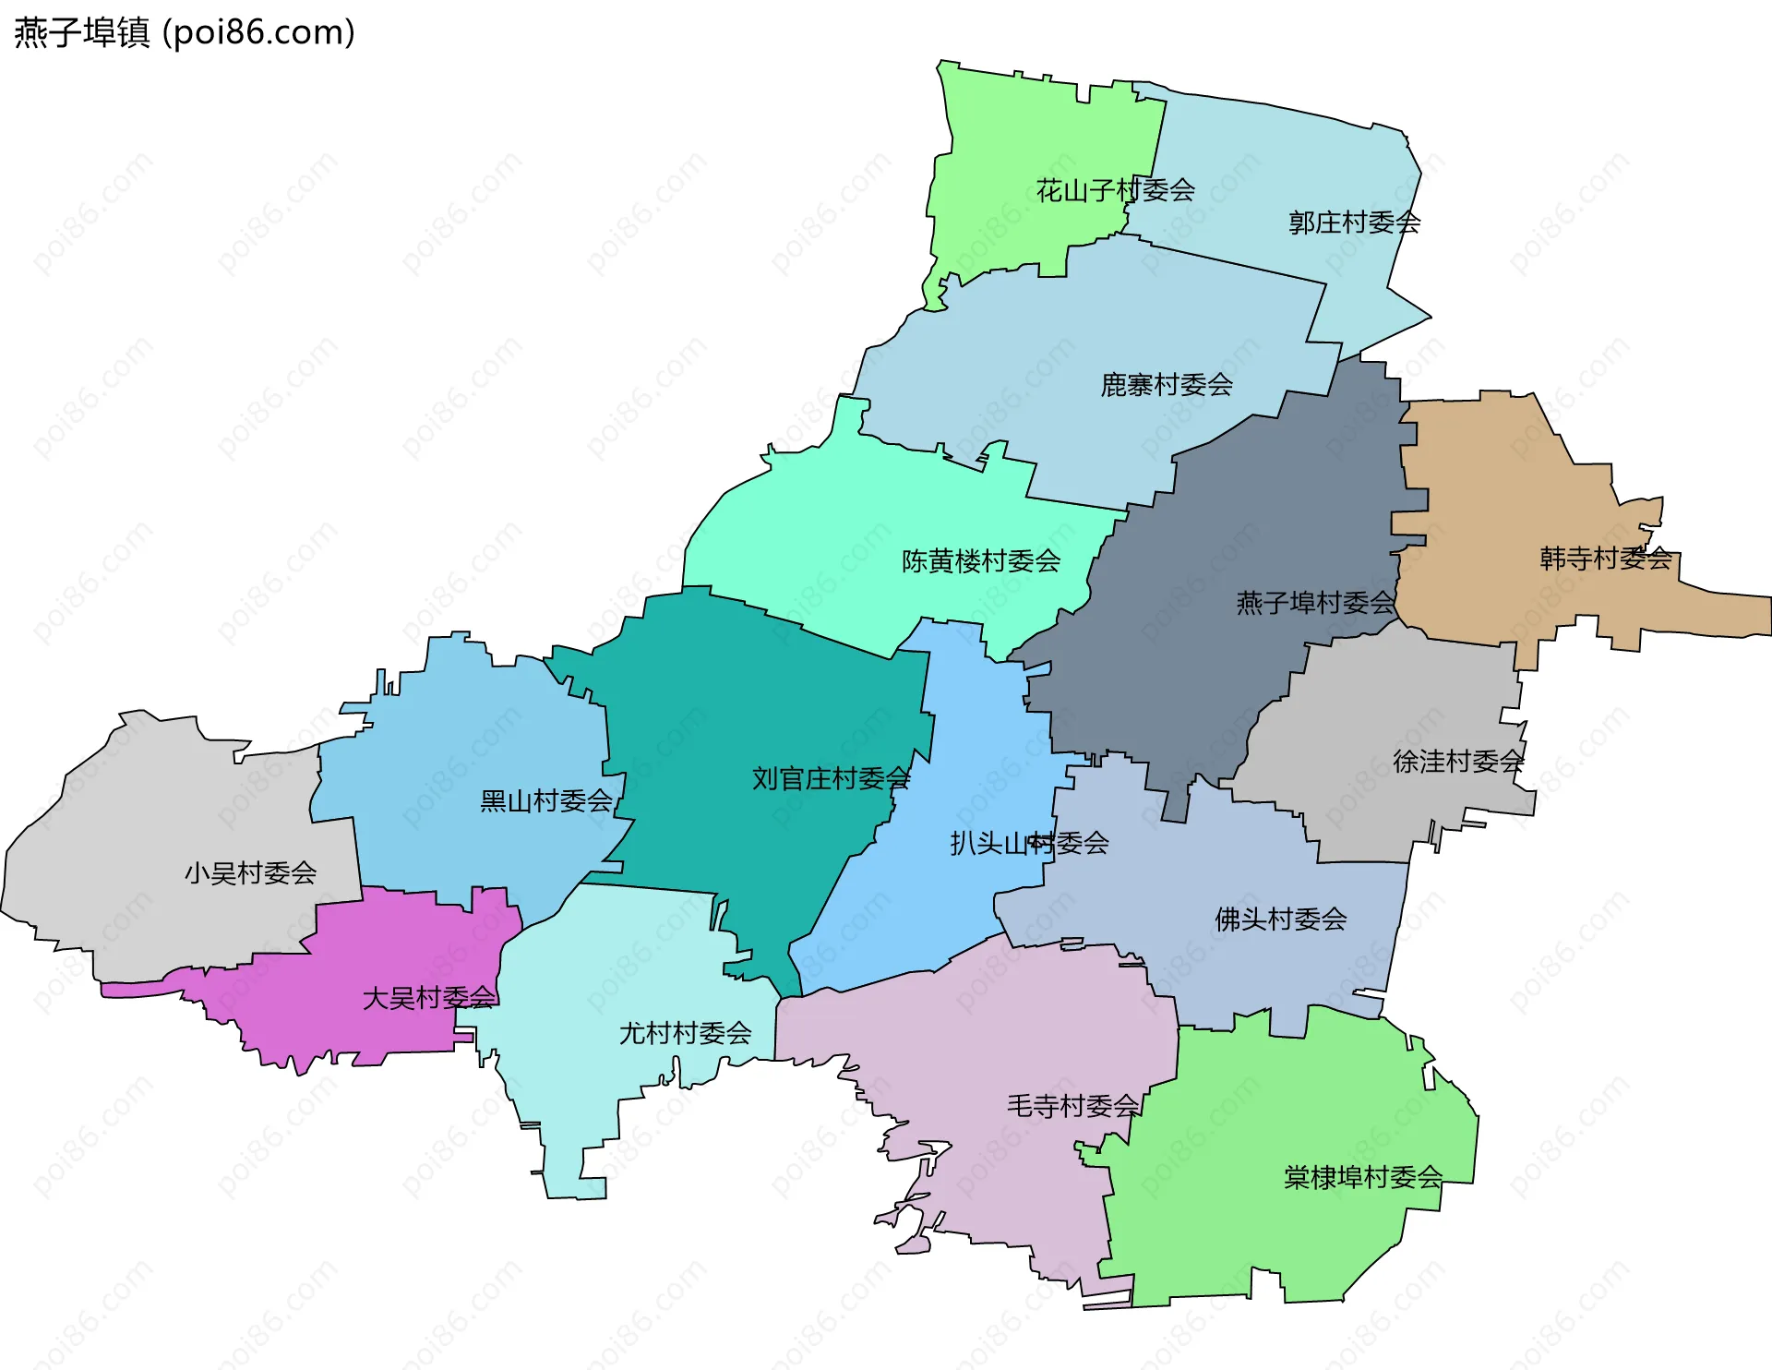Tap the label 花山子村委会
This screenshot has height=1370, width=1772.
(1115, 191)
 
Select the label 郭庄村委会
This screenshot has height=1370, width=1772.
(1354, 222)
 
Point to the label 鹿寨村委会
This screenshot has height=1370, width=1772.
(1167, 385)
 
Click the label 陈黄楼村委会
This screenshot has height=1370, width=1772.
(981, 561)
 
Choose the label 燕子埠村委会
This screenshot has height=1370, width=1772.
(1315, 604)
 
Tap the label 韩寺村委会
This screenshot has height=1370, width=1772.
(1606, 559)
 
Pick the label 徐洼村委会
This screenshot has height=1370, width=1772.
(1458, 762)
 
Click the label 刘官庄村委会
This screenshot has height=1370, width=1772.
(831, 779)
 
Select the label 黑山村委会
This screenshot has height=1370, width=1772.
(546, 801)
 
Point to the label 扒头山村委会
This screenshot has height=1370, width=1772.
(1029, 843)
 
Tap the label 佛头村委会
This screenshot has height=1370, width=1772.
(1280, 919)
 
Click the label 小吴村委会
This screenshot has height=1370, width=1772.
(250, 873)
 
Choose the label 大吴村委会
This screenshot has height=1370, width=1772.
(429, 999)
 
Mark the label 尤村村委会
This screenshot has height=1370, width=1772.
(685, 1034)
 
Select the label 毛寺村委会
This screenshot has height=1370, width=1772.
(1072, 1106)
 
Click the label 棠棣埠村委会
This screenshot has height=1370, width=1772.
(1362, 1178)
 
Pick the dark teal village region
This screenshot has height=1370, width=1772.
(738, 702)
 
